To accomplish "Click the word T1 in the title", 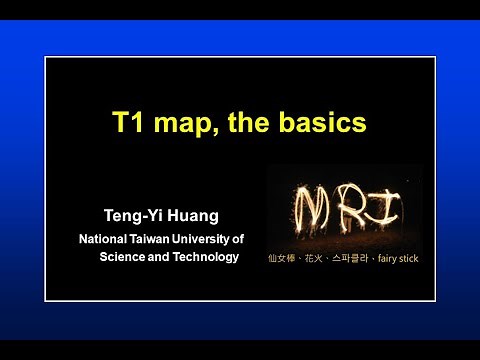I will pyautogui.click(x=127, y=125).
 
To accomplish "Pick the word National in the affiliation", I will pyautogui.click(x=105, y=239).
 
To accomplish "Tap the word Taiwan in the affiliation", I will pyautogui.click(x=155, y=239).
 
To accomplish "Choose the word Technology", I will pyautogui.click(x=205, y=257).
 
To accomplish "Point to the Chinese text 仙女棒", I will pyautogui.click(x=284, y=258).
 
